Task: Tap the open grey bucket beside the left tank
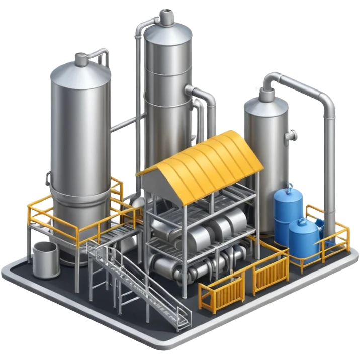pyautogui.click(x=46, y=259)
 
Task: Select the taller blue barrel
pyautogui.click(x=288, y=211)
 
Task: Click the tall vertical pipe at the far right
pyautogui.click(x=330, y=166)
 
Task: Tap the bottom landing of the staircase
pyautogui.click(x=181, y=322)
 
